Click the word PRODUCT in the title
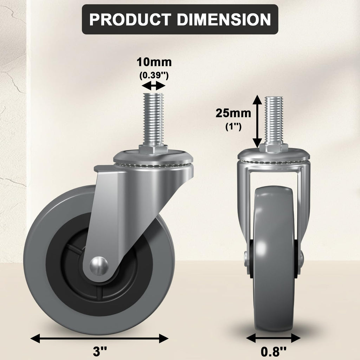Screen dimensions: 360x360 point(130,19)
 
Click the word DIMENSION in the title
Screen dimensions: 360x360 point(224,19)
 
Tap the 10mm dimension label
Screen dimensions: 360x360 point(154,63)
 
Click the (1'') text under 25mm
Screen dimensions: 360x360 point(233,127)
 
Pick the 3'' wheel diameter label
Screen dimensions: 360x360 point(100,351)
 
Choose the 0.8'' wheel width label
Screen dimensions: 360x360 point(273,351)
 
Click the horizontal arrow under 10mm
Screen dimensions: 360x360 point(153,85)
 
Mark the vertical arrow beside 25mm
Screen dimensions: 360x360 point(257,121)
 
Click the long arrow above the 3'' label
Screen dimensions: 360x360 point(99,339)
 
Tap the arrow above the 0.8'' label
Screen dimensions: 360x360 point(273,338)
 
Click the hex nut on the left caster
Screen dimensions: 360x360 point(153,149)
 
